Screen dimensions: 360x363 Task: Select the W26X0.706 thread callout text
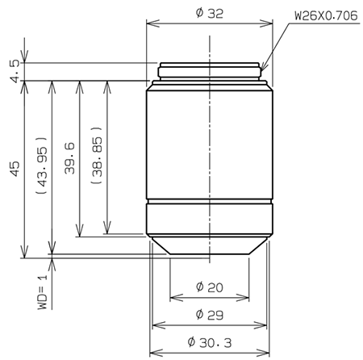pos(321,15)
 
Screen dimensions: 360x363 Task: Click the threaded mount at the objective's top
pos(210,71)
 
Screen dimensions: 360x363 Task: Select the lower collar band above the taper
pos(210,219)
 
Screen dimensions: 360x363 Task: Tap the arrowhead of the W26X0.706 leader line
pos(262,70)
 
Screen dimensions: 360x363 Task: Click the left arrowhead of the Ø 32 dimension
pos(149,23)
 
